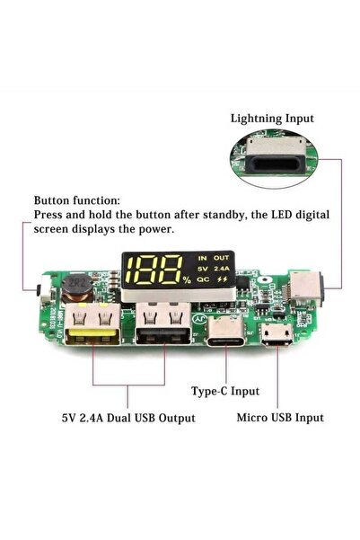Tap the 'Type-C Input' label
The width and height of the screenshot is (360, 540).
(x=226, y=392)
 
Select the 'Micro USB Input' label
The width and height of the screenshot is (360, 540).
(x=280, y=417)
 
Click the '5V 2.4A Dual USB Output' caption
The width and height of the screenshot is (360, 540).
(x=128, y=417)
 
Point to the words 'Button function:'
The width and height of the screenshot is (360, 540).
(x=75, y=201)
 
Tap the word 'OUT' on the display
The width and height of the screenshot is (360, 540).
(x=222, y=256)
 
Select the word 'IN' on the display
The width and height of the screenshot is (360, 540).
(x=201, y=256)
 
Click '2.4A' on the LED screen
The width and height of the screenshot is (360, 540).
(x=222, y=268)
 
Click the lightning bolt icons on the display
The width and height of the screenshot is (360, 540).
(x=222, y=279)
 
